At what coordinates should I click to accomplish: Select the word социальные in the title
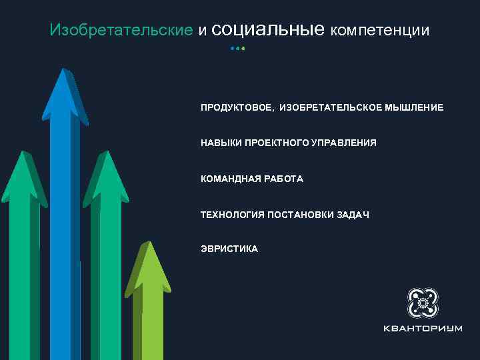[x=271, y=29]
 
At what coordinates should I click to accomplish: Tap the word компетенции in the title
[x=379, y=31]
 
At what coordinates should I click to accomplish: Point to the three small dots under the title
[x=238, y=49]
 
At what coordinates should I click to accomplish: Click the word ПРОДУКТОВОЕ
[x=237, y=107]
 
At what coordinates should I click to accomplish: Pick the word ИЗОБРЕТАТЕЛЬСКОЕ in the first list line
[x=331, y=107]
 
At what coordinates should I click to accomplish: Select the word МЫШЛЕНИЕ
[x=413, y=107]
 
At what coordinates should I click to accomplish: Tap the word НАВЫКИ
[x=221, y=143]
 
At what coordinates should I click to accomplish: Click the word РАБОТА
[x=283, y=179]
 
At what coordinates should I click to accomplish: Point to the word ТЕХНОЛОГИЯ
[x=233, y=214]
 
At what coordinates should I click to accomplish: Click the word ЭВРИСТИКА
[x=229, y=249]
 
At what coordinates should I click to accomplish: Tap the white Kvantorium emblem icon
[x=422, y=303]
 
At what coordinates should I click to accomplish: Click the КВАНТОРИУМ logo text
[x=422, y=329]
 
